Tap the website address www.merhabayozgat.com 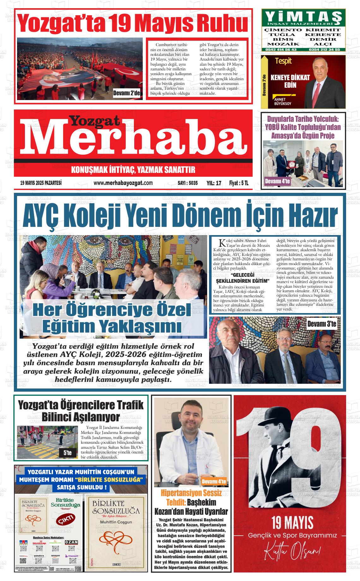click(x=123, y=183)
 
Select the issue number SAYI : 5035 click(x=188, y=183)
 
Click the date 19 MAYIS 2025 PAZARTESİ click(x=41, y=183)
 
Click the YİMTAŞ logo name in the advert click(x=303, y=17)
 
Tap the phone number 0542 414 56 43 click(x=281, y=50)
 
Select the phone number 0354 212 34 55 click(x=325, y=50)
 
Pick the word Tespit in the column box click(x=283, y=61)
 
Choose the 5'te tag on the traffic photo click(x=68, y=453)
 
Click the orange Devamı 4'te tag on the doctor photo click(x=214, y=482)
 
